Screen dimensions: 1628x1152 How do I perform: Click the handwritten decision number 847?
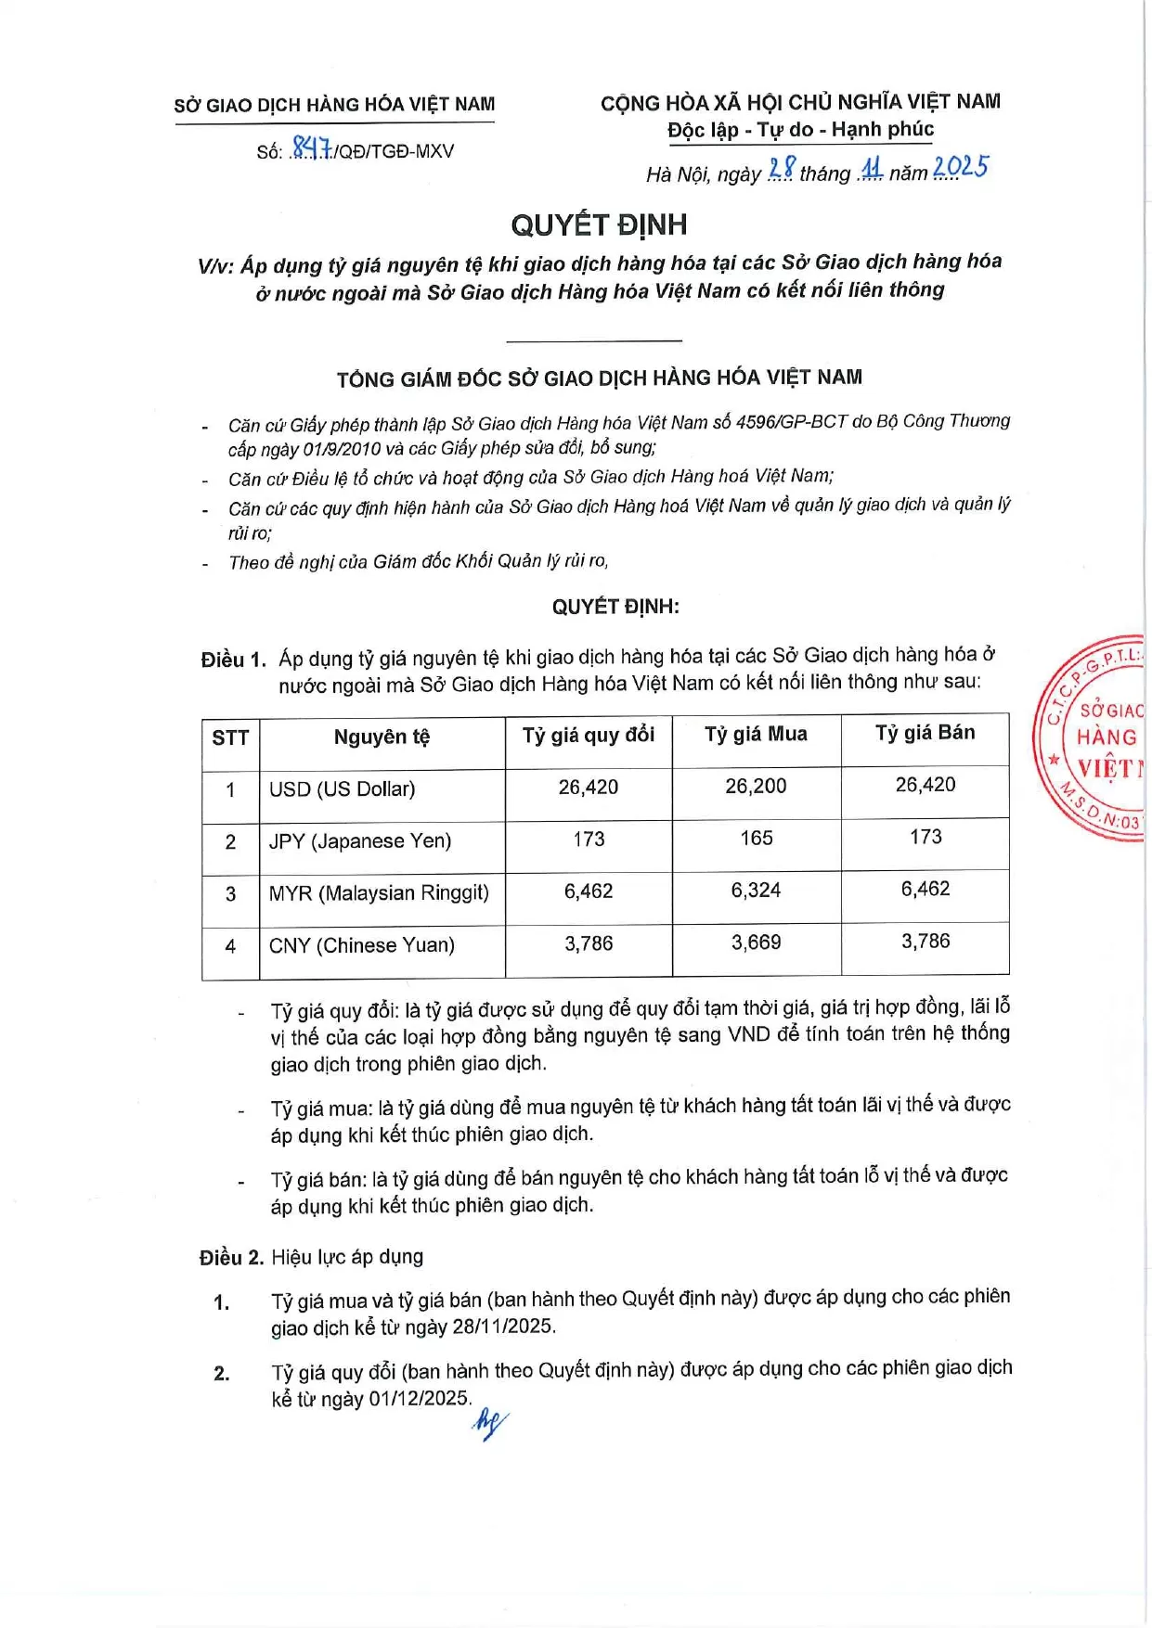tap(311, 148)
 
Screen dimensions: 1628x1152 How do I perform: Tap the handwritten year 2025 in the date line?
tap(960, 168)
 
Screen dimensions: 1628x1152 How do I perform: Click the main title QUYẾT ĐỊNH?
tap(599, 224)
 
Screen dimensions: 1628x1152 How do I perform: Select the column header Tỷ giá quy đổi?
tap(589, 736)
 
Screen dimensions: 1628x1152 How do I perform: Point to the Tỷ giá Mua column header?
tap(756, 734)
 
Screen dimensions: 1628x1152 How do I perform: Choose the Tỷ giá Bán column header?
tap(925, 733)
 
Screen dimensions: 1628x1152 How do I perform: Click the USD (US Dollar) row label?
tap(342, 789)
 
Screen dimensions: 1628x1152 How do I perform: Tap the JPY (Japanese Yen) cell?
tap(360, 841)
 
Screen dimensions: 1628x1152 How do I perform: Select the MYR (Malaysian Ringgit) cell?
tap(379, 893)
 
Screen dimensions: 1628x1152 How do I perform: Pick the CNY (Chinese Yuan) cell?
tap(362, 945)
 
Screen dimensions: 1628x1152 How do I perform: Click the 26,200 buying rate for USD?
tap(756, 787)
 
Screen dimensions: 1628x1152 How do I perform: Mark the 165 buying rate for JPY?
tap(756, 839)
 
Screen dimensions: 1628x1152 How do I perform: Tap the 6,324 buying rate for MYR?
tap(756, 891)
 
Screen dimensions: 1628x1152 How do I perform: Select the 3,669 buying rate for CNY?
tap(756, 942)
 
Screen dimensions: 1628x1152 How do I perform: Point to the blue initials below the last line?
tap(489, 1423)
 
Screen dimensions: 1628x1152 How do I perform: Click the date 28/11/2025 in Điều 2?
tap(502, 1327)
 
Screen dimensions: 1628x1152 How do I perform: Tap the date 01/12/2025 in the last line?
tap(419, 1398)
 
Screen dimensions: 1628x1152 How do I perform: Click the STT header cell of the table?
tap(230, 738)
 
